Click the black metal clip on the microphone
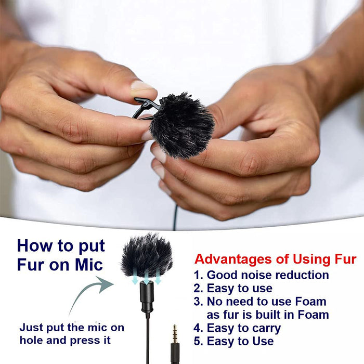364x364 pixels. (x=144, y=107)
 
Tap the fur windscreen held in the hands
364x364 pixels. (x=181, y=125)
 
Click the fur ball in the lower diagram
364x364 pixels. (x=147, y=256)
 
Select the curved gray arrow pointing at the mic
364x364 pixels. (x=90, y=290)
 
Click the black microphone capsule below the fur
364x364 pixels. (x=147, y=297)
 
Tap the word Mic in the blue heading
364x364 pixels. (x=89, y=265)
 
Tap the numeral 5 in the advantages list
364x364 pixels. (x=197, y=341)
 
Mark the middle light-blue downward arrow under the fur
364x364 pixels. (x=146, y=279)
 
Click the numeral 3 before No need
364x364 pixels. (x=198, y=302)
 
